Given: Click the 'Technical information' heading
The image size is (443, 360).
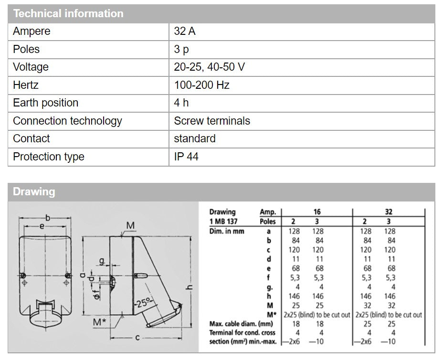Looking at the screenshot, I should tap(68, 13).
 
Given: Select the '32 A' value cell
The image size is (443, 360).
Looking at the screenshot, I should tap(185, 32).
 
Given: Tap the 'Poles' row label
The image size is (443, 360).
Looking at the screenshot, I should tap(26, 49).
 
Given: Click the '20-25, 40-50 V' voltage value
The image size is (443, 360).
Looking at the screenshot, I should tap(209, 67).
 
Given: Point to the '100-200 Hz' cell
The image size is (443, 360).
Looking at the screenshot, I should tap(201, 85).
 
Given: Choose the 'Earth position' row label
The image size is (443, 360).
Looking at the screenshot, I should tap(45, 103).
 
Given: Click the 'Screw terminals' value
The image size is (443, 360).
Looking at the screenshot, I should tap(212, 121).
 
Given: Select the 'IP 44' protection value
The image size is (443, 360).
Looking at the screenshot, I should tap(186, 157).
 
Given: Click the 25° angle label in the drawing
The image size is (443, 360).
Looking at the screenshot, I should tap(143, 303).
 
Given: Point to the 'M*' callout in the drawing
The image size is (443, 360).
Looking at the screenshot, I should tap(99, 322).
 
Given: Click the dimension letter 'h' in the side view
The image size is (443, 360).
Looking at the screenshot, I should tap(190, 286).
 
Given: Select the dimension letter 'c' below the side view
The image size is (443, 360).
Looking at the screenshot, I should tap(137, 338).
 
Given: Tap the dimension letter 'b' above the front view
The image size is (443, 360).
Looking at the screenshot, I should tap(47, 218).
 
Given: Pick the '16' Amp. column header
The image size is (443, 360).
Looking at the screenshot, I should tap(317, 212).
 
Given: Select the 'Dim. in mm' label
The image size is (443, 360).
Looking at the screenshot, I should tap(228, 231).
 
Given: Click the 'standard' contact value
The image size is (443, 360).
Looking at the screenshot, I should tap(195, 138).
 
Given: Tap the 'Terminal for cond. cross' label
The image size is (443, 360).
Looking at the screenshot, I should tap(242, 333).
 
